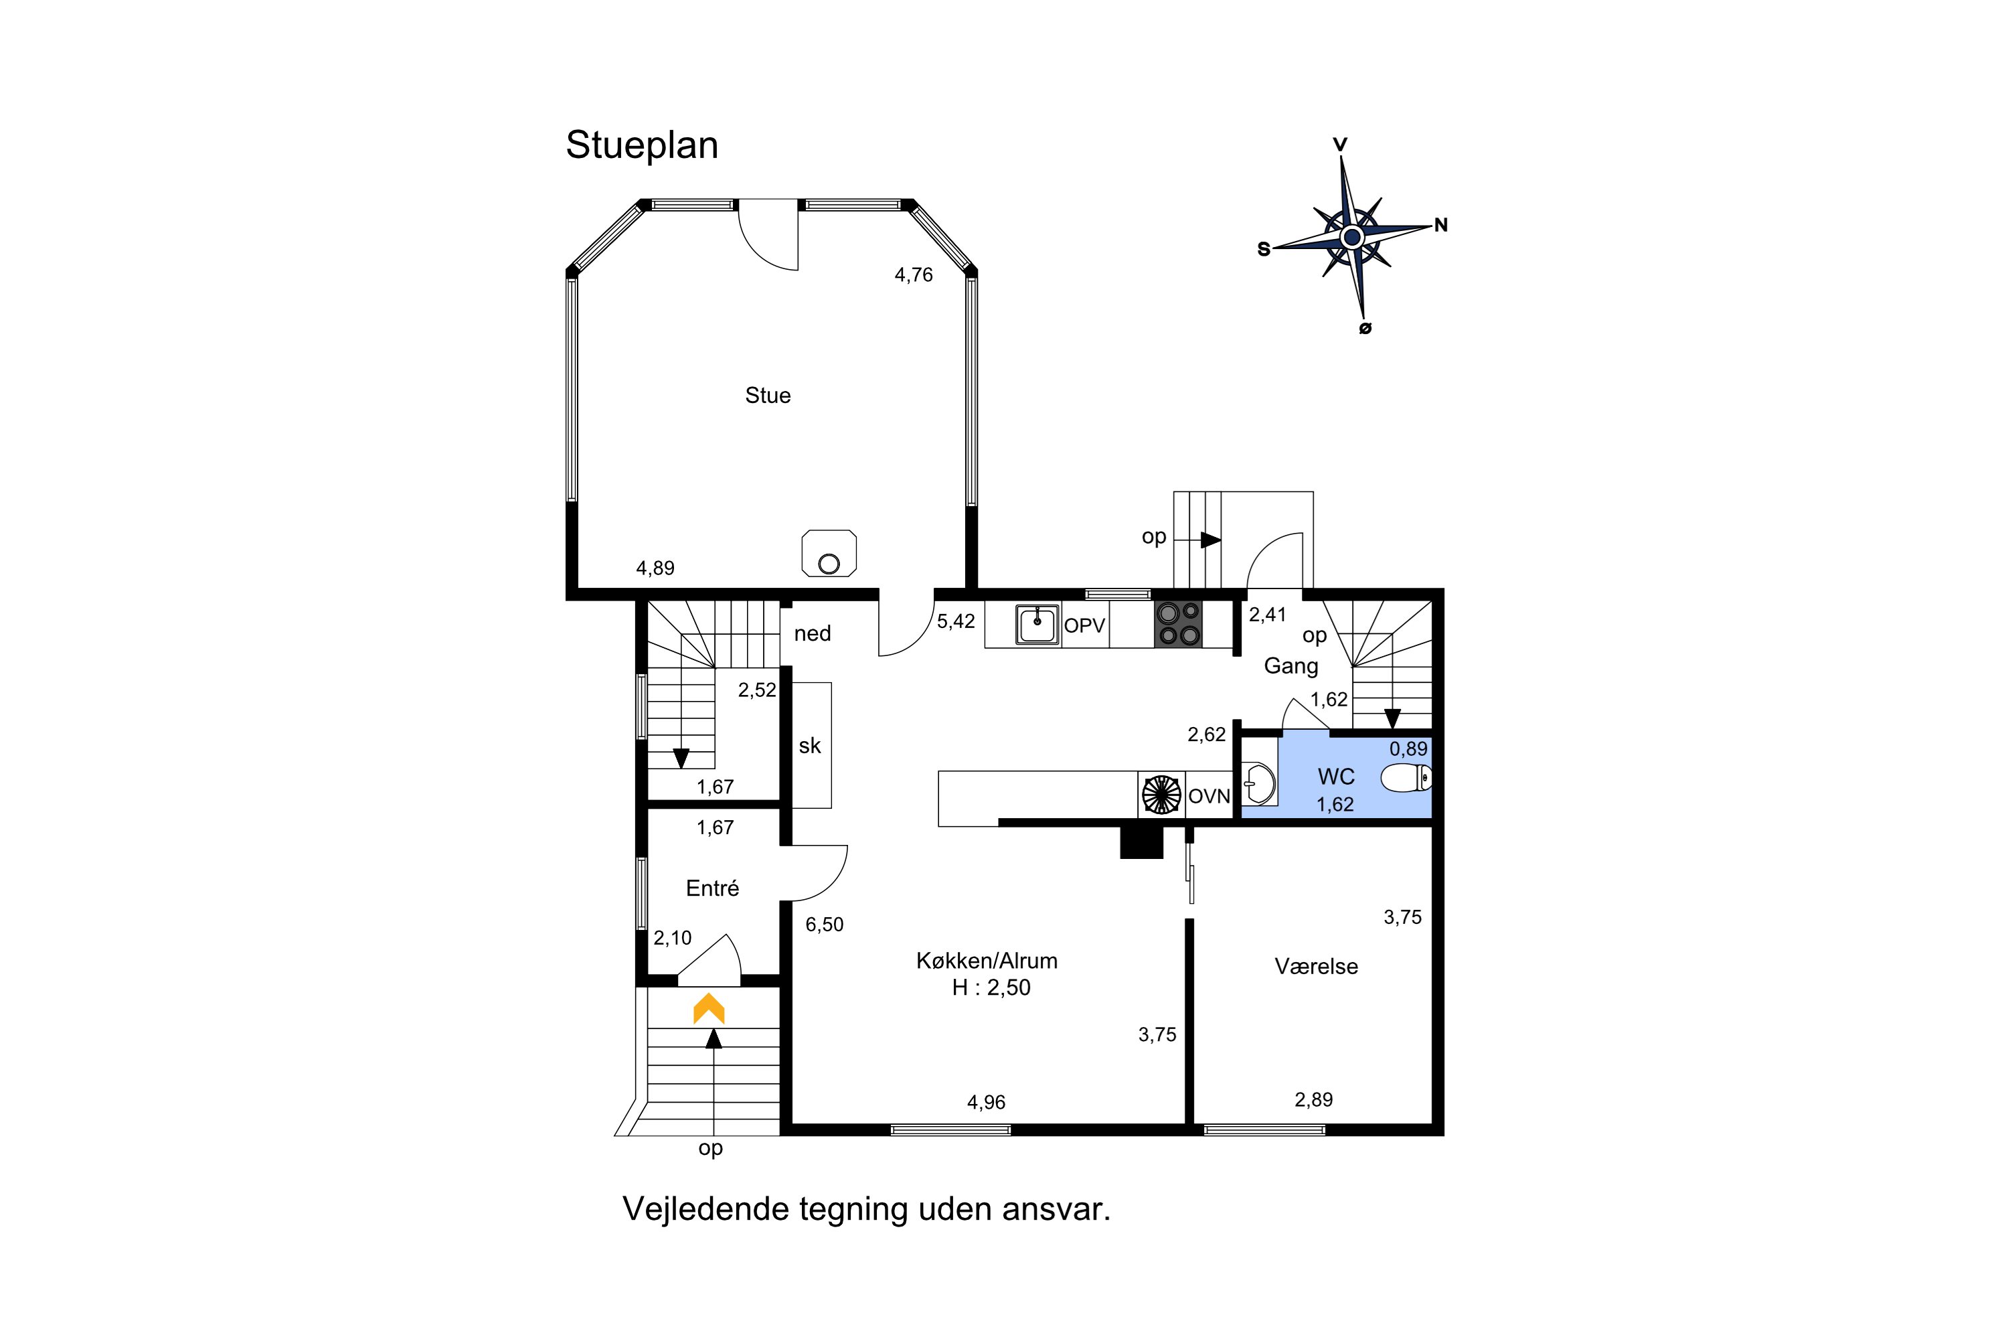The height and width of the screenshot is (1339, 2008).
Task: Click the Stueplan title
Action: point(642,146)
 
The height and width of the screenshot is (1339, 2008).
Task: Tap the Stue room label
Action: point(768,396)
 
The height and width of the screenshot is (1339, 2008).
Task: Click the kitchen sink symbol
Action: point(1037,624)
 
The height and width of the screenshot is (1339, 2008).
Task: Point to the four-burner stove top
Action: point(1178,624)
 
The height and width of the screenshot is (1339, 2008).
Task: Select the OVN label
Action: point(1209,797)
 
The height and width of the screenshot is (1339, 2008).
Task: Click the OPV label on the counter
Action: point(1084,626)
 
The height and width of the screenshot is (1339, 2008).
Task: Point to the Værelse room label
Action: point(1316,967)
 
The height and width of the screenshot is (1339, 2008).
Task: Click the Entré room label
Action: point(712,888)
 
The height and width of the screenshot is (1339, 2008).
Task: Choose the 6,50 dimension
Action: point(824,925)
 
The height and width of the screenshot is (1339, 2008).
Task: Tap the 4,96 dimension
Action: point(986,1103)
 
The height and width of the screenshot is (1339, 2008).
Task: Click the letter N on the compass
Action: point(1441,226)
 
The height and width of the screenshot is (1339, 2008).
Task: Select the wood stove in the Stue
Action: point(828,554)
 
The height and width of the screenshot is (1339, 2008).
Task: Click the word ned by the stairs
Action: point(812,633)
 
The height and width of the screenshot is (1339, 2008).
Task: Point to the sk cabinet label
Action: point(809,746)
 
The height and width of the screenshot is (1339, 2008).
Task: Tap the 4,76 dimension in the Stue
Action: point(914,275)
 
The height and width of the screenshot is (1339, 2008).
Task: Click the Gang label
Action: point(1291,667)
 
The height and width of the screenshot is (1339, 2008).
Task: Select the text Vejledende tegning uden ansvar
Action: point(867,1210)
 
